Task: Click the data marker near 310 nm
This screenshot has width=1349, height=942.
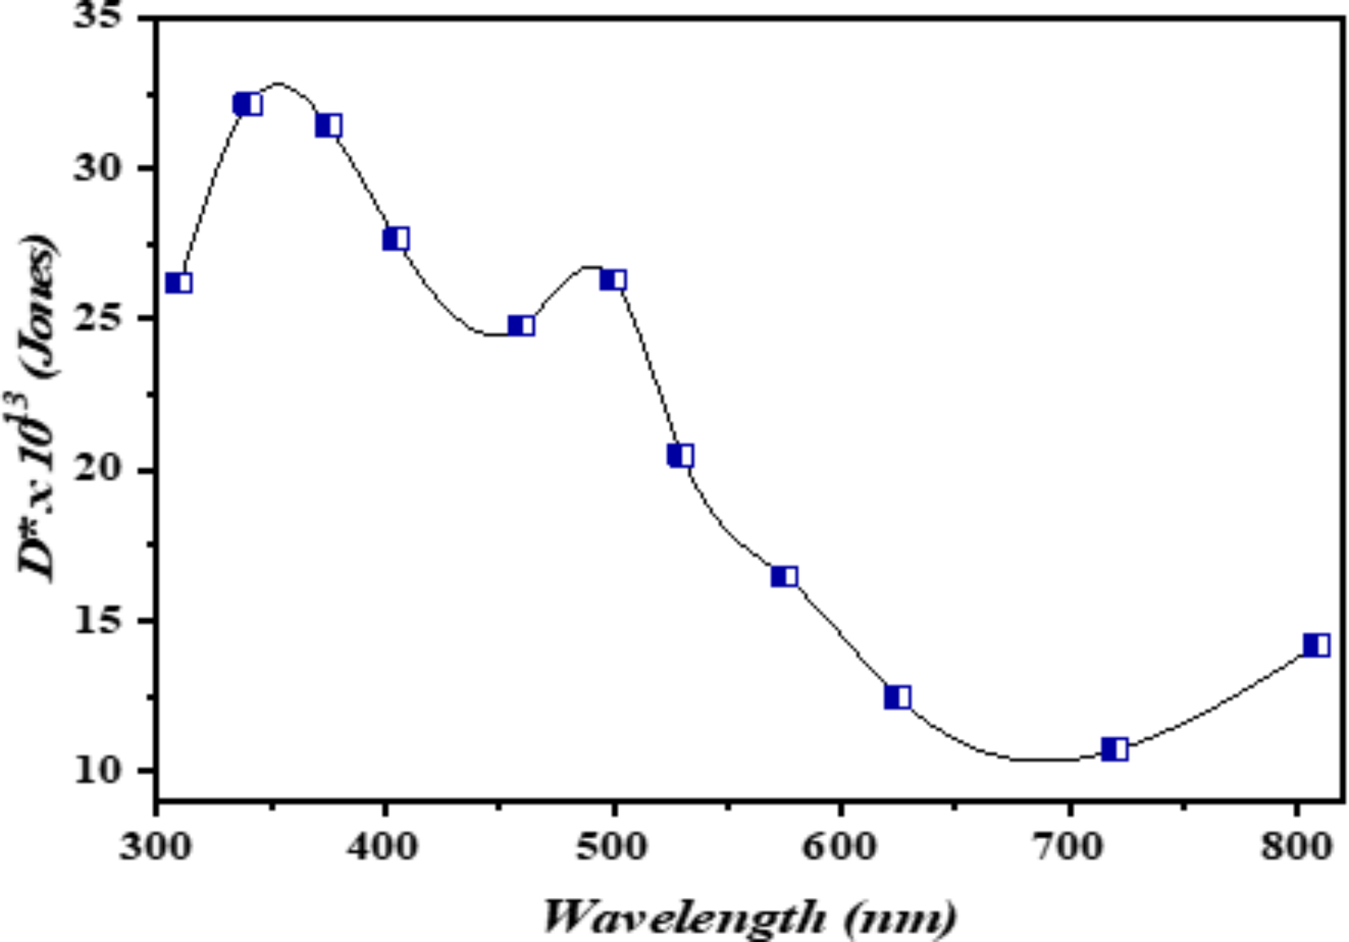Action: coord(179,283)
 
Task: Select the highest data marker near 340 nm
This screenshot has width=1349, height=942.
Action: coord(247,104)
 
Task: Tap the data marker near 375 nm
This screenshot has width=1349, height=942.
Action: coord(329,126)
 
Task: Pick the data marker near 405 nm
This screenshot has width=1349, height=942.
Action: coord(396,239)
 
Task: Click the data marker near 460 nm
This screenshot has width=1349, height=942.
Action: coord(521,326)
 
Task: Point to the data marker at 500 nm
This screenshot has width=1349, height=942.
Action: coord(613,280)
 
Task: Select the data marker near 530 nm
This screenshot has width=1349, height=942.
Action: coord(680,455)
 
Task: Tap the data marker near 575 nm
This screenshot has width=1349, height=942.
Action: coord(784,577)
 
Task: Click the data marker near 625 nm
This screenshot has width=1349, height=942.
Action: coord(897,697)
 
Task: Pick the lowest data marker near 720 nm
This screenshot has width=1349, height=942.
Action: coord(1114,750)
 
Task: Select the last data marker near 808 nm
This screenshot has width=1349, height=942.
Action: coord(1316,646)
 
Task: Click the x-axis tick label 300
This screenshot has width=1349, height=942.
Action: coord(156,847)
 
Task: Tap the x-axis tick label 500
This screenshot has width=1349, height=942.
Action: coord(613,847)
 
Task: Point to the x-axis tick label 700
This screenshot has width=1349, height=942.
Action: coord(1068,847)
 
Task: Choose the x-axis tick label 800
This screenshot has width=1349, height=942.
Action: coord(1296,847)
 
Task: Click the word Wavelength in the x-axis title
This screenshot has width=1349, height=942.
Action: coord(683,918)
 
